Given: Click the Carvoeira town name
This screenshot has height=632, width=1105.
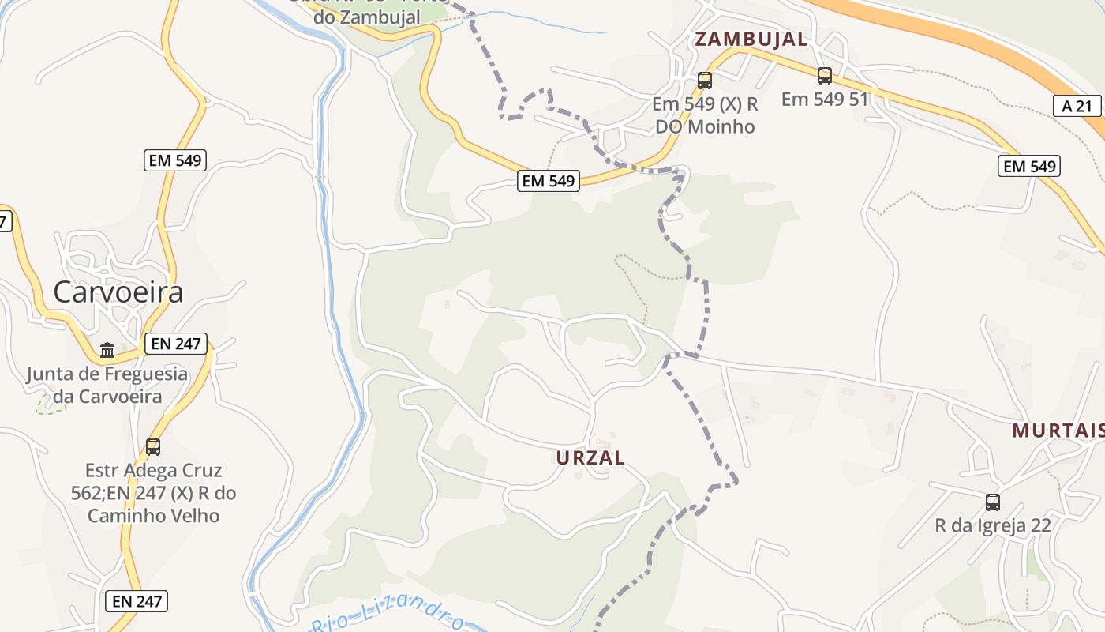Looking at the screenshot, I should [x=118, y=292].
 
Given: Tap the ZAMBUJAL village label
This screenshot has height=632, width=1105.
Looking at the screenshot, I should [x=751, y=39].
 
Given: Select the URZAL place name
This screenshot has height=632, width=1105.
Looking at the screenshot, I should [x=590, y=457].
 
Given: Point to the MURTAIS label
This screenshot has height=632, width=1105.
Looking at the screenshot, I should [x=1058, y=431].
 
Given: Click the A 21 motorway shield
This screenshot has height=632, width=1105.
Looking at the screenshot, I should [x=1077, y=106].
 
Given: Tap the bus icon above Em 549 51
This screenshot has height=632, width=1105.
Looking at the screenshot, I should [x=825, y=76].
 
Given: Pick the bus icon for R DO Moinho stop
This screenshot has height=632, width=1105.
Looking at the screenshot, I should [x=705, y=80].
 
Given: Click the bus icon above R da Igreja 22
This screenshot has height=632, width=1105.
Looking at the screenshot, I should [x=993, y=502].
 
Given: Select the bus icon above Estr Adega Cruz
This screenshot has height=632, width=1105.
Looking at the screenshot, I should [x=153, y=446].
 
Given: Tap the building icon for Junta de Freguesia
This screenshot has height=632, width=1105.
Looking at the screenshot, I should [x=107, y=349].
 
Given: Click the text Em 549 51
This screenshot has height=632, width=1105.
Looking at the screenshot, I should [x=825, y=100].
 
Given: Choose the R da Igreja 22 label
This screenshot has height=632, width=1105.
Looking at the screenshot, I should [x=993, y=525].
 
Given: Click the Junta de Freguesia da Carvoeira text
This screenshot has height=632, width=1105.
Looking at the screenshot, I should [x=107, y=385].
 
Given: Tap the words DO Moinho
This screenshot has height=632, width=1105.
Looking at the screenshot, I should [x=706, y=126].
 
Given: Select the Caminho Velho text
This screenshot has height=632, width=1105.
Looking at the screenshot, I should [x=153, y=516].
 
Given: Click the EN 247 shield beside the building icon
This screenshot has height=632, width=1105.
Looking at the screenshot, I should [x=175, y=344].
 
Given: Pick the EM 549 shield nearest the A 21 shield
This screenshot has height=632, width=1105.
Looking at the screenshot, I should [x=1028, y=166].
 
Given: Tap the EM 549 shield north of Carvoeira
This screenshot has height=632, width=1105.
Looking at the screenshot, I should [x=175, y=160].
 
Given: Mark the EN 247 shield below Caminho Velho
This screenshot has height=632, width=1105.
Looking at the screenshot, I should [x=137, y=601].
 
